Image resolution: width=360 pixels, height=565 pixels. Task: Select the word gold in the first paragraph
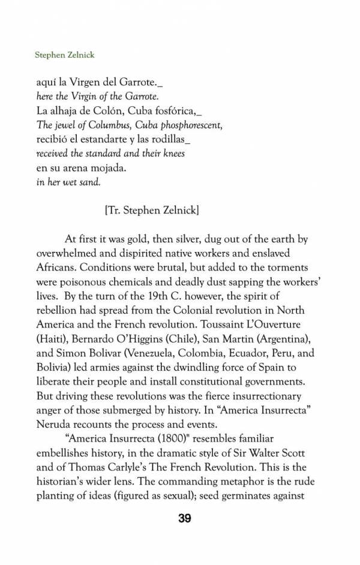tap(131, 239)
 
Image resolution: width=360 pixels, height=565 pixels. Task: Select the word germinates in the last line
tap(257, 498)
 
